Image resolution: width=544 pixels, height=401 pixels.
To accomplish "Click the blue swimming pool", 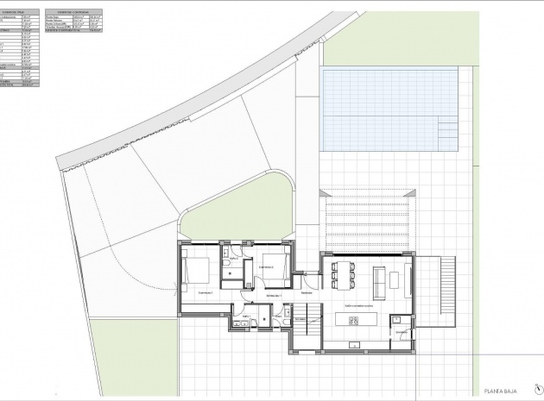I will point(389,109).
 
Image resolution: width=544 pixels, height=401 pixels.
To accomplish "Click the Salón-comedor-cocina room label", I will point(358,304).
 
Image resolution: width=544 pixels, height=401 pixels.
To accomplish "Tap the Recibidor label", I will point(306,292).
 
